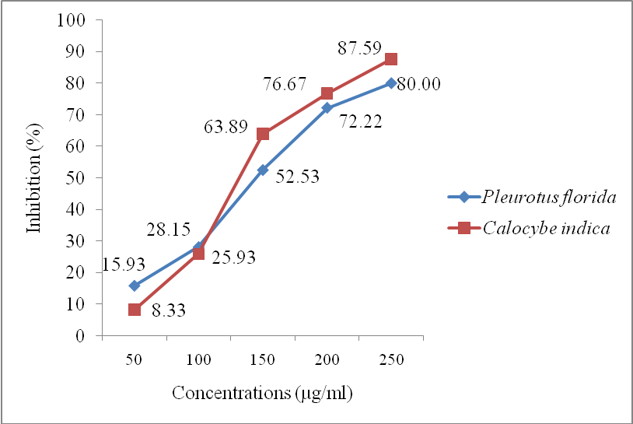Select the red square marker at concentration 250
coord(391,59)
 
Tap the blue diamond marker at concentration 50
coord(135,286)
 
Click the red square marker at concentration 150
coord(263,134)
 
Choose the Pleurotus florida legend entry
coord(549,196)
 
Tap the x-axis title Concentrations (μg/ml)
coord(263,394)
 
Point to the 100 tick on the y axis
coord(72,19)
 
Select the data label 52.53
coord(299,177)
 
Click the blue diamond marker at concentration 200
coord(327,108)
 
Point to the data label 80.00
coord(419,84)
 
